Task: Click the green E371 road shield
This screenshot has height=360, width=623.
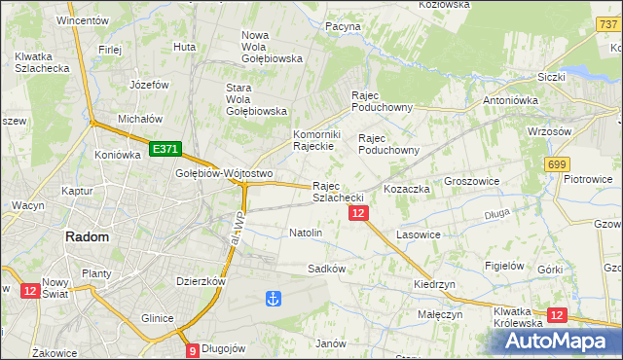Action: [165, 149]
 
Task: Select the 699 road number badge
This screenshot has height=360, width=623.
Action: [557, 165]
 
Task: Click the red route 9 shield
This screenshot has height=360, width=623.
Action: [192, 350]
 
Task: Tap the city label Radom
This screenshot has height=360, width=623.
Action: [87, 236]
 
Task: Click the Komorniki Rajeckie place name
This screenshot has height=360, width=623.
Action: [314, 140]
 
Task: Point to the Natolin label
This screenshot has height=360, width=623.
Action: [306, 234]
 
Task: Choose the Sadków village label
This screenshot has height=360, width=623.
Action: [326, 268]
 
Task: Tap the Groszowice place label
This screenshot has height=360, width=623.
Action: [471, 182]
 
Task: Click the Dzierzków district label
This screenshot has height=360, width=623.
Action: [202, 281]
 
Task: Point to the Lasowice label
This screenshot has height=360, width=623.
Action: [420, 235]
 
